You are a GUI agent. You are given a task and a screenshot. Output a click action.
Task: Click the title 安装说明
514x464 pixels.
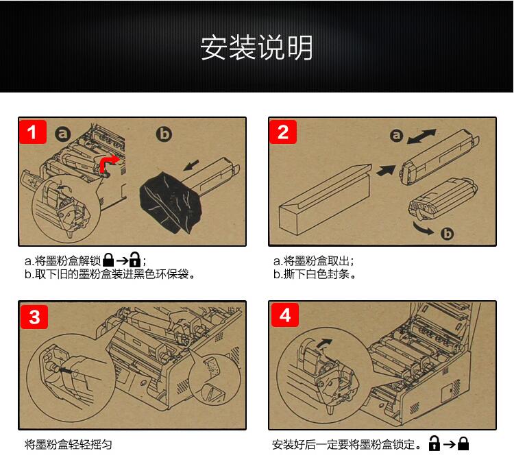(256, 48)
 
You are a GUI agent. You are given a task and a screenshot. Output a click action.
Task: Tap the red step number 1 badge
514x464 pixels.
(33, 132)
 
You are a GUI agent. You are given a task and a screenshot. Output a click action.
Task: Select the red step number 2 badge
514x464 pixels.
(283, 132)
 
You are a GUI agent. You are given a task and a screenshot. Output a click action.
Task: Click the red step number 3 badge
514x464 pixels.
(34, 317)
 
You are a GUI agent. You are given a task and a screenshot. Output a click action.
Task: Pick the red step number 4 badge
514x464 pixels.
(285, 315)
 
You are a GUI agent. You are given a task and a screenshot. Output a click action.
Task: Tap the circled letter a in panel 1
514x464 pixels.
(62, 134)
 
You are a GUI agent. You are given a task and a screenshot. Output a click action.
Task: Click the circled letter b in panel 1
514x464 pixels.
(164, 134)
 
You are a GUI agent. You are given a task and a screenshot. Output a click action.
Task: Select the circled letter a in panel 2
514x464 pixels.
(396, 135)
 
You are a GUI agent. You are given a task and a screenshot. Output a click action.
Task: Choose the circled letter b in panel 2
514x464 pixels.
(447, 234)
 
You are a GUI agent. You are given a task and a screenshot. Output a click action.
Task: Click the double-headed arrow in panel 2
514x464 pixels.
(421, 136)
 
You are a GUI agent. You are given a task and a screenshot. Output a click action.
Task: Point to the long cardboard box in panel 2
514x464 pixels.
(325, 199)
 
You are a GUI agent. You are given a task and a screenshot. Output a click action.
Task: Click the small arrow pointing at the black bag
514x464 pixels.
(191, 165)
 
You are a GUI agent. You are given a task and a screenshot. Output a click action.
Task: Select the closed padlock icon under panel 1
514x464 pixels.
(108, 260)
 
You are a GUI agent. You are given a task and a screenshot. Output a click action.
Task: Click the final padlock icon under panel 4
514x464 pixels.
(463, 443)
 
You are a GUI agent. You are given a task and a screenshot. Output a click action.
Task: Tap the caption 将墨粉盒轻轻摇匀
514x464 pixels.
(68, 445)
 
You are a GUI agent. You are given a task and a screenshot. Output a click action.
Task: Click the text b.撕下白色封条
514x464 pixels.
(315, 274)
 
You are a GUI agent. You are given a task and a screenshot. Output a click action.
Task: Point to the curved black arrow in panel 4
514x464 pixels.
(324, 343)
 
